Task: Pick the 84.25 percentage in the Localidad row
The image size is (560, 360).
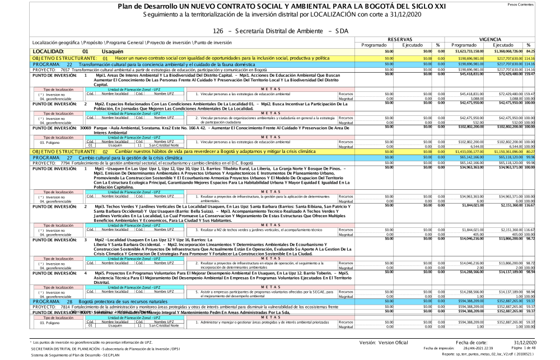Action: point(550,51)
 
